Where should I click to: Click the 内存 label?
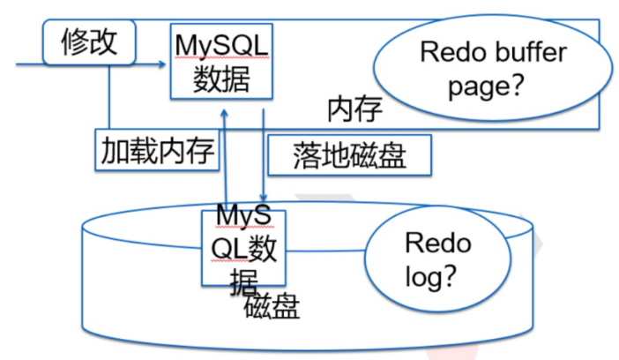354,109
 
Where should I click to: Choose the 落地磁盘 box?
349,155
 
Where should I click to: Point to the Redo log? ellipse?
438,259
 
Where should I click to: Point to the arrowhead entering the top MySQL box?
164,64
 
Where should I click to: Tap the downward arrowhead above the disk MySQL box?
262,198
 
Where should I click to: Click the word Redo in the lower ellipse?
437,242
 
